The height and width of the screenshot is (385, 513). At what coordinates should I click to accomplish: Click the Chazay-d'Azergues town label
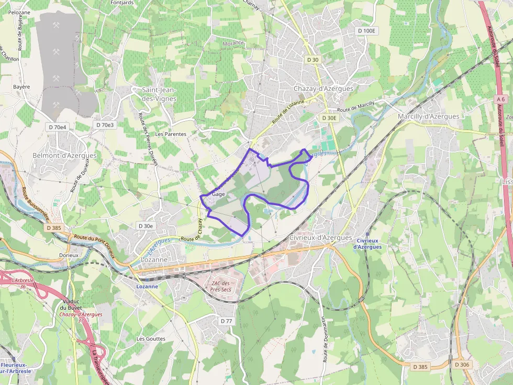323,89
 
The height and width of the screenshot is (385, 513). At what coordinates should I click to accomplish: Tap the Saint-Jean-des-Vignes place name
159,94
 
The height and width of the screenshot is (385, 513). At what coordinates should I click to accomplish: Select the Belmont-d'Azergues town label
64,155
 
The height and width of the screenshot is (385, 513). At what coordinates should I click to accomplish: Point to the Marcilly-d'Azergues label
428,116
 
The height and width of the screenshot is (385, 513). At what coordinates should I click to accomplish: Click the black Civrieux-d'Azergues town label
320,237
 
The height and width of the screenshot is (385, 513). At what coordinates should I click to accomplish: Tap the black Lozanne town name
154,260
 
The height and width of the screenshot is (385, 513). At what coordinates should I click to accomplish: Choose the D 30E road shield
329,118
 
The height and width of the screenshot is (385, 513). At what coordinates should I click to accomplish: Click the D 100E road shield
366,31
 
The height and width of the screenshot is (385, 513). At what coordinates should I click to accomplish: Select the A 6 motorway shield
501,99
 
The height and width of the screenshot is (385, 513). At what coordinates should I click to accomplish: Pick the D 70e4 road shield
58,127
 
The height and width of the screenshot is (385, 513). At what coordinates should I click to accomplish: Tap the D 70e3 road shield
105,125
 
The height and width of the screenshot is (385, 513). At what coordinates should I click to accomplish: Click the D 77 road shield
226,320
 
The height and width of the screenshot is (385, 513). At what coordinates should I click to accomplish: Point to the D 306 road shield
462,365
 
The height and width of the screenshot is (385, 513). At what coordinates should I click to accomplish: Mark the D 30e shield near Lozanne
145,226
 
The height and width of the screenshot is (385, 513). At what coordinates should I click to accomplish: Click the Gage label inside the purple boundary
219,194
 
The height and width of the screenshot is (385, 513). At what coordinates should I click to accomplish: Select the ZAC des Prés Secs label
220,286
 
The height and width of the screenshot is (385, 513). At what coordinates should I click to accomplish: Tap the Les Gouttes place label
151,339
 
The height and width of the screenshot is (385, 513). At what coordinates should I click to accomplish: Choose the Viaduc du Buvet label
71,304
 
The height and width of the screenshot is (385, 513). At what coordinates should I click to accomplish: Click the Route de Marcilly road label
356,107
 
